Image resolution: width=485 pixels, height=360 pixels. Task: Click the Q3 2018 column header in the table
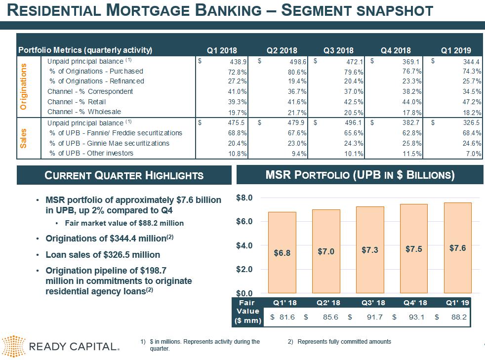click(338, 50)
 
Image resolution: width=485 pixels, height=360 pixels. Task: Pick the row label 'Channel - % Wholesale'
click(84, 112)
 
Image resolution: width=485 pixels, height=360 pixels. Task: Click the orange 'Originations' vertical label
click(23, 86)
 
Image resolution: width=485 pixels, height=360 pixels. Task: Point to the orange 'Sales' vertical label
click(23, 138)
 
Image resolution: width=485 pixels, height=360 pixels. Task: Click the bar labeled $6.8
click(282, 252)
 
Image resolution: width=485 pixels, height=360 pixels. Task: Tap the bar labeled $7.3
click(370, 250)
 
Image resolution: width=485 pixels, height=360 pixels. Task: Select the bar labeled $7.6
click(457, 248)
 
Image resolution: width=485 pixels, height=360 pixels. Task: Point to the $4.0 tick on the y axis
click(244, 245)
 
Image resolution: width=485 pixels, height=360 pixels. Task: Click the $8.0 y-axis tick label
click(244, 198)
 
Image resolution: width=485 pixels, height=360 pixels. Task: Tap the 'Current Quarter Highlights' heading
click(124, 175)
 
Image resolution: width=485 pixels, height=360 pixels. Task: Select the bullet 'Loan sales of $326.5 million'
click(103, 255)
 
